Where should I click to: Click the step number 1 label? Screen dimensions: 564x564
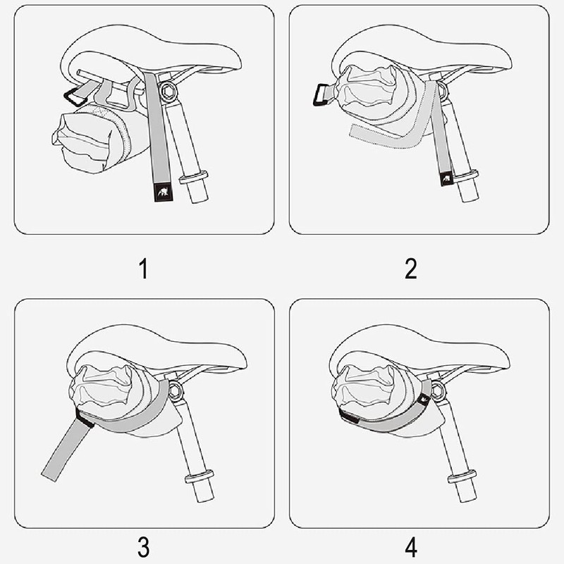coord(144,269)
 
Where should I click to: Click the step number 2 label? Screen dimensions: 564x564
coord(411,269)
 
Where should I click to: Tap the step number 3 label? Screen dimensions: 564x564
coord(144,546)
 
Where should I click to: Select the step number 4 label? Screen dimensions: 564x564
coord(411,546)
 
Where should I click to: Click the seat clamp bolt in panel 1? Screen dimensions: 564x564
coord(169,91)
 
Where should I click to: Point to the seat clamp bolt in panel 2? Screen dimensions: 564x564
coord(443,90)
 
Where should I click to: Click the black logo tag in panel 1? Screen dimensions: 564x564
coord(160,192)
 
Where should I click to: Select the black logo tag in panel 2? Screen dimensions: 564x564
coord(446,180)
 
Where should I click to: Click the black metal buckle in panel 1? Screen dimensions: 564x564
coord(73,95)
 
